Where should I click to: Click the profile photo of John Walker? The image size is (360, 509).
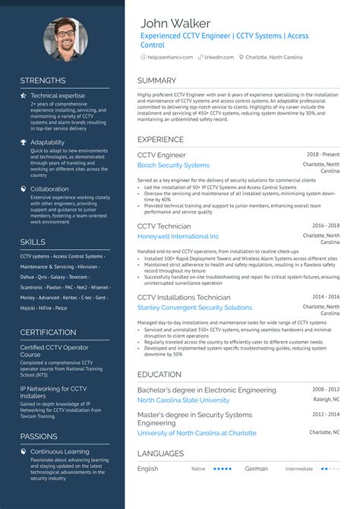[63, 39]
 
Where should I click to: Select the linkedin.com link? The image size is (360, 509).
[219, 57]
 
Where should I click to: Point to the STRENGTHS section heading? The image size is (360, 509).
[43, 81]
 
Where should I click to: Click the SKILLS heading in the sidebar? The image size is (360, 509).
[33, 242]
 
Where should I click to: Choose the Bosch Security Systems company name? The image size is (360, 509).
[173, 165]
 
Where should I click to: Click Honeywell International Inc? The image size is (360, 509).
[178, 237]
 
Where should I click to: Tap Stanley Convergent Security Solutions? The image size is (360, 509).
[194, 308]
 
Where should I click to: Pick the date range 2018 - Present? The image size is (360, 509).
[323, 153]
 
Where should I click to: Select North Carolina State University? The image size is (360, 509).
[183, 400]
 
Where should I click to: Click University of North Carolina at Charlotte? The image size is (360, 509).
[197, 433]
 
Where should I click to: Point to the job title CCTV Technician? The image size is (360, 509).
[164, 226]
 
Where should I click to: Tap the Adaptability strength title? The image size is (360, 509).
[47, 142]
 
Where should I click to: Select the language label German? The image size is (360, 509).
[256, 469]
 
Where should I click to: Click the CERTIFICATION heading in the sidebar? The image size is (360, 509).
[48, 333]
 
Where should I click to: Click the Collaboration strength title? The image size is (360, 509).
[49, 189]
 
